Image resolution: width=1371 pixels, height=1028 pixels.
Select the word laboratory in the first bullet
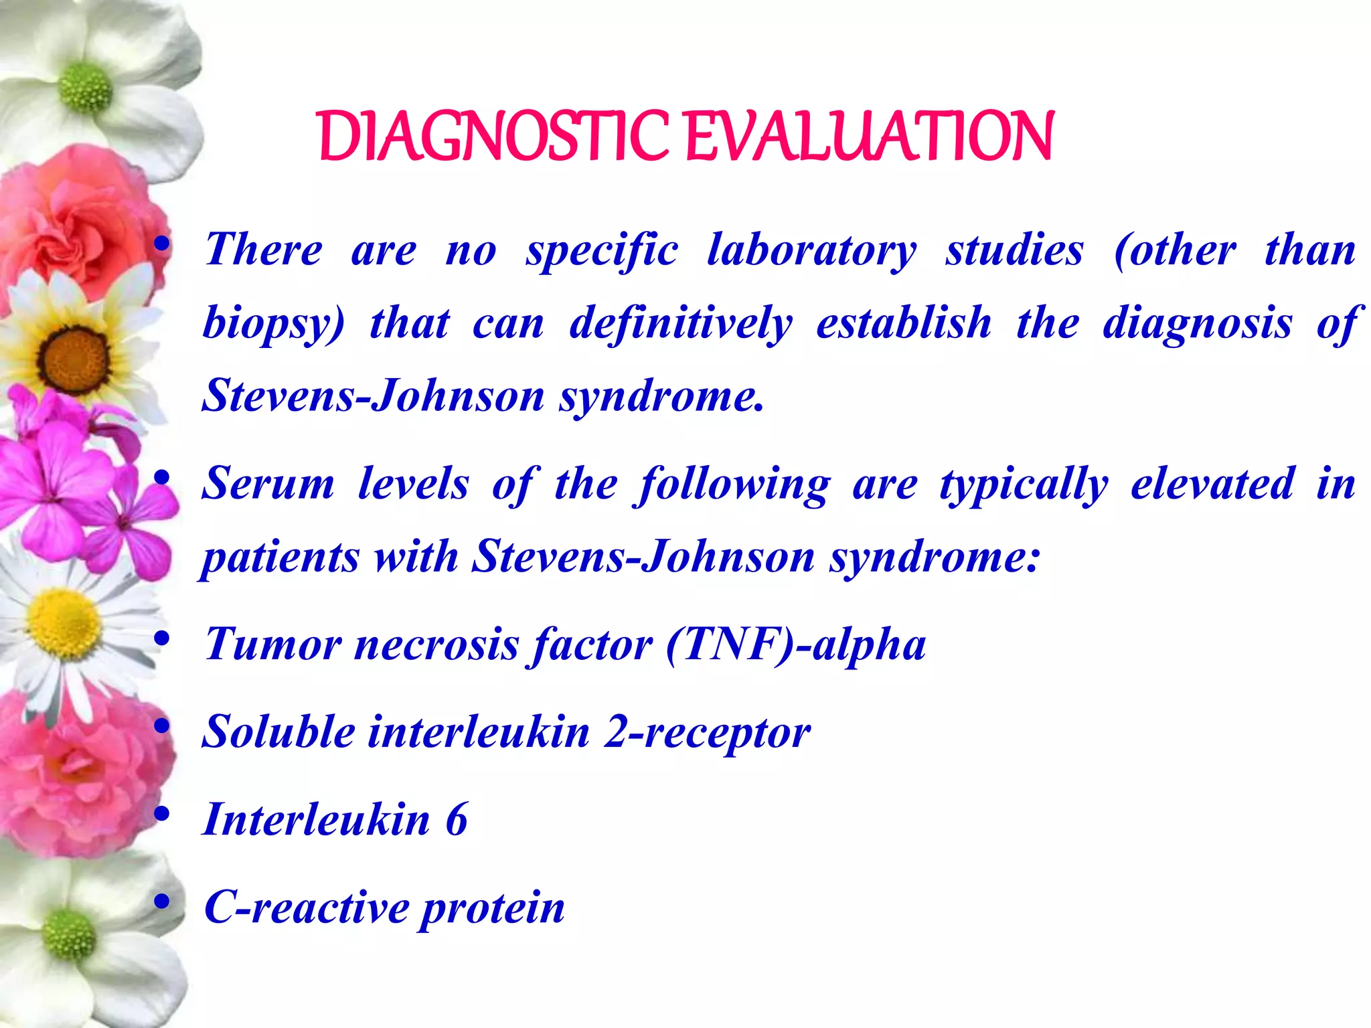[811, 252]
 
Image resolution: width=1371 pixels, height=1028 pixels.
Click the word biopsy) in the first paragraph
[273, 325]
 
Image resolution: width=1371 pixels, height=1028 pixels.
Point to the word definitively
[680, 325]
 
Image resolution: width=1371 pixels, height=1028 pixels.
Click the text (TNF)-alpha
[796, 645]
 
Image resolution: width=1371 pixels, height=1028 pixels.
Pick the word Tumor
[273, 645]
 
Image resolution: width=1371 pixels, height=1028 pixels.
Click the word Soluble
[278, 732]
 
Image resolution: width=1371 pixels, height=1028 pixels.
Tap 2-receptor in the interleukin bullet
[707, 733]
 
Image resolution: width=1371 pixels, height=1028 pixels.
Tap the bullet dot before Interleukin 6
[161, 815]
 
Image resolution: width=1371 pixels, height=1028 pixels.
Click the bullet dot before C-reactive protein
[161, 902]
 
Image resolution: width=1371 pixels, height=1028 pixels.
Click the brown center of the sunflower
[74, 359]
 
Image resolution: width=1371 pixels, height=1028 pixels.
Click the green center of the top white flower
[85, 88]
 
